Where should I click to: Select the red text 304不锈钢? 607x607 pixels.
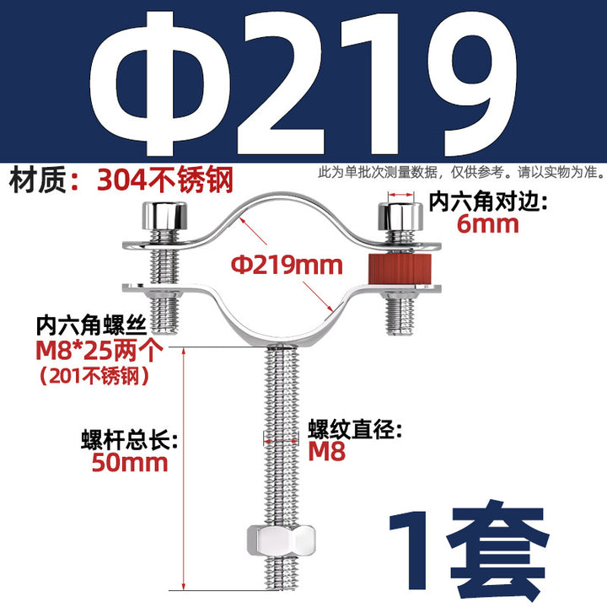click(x=165, y=180)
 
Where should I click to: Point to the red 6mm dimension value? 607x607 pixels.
click(x=487, y=224)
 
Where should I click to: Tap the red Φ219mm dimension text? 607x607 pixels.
click(x=287, y=266)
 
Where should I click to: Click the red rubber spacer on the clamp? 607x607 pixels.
click(x=392, y=268)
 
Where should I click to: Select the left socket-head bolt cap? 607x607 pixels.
click(x=164, y=216)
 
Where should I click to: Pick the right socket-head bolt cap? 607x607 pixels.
click(x=400, y=216)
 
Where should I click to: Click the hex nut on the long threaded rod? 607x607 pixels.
click(x=281, y=540)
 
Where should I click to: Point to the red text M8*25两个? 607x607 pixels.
click(x=99, y=351)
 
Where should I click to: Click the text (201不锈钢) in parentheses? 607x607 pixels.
click(x=94, y=374)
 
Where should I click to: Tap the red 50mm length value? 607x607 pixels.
click(x=130, y=463)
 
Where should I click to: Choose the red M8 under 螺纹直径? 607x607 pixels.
click(x=326, y=451)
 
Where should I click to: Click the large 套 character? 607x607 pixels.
click(x=499, y=551)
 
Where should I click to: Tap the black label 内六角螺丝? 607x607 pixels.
click(x=91, y=327)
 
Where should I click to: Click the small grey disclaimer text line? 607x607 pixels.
click(x=460, y=172)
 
